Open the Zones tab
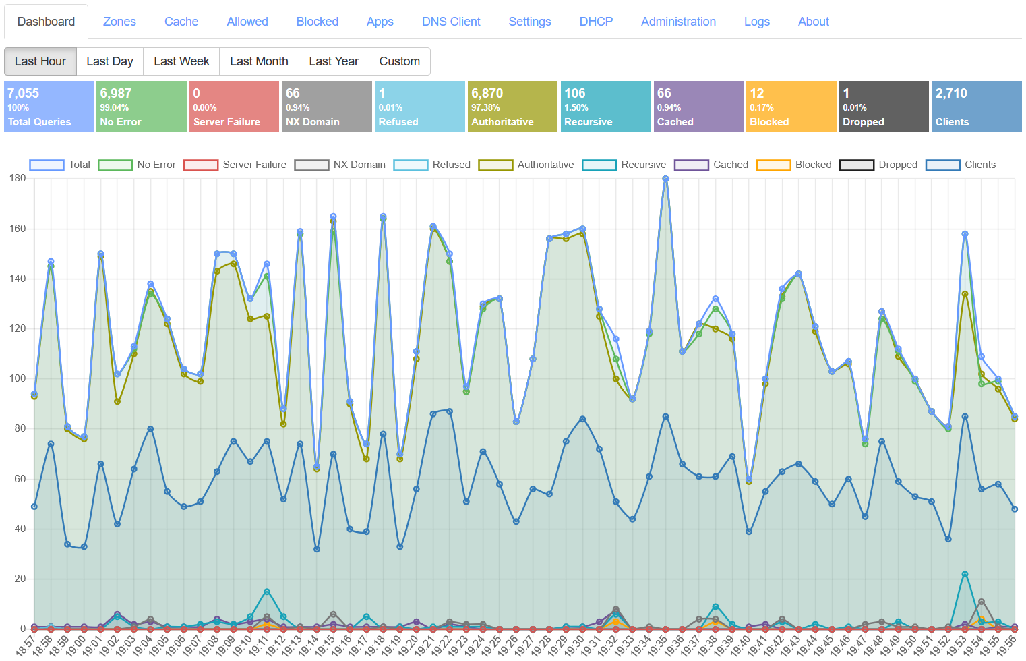pyautogui.click(x=119, y=22)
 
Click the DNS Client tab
pyautogui.click(x=451, y=22)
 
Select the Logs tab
pyautogui.click(x=756, y=22)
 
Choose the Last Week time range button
pyautogui.click(x=181, y=61)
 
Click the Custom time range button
pyautogui.click(x=399, y=61)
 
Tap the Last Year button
pyautogui.click(x=334, y=61)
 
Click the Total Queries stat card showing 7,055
pyautogui.click(x=49, y=107)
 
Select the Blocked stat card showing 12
pyautogui.click(x=791, y=107)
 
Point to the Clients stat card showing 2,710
pyautogui.click(x=976, y=107)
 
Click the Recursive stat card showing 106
pyautogui.click(x=605, y=107)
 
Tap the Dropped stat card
pyautogui.click(x=883, y=107)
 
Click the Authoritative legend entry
pyautogui.click(x=526, y=165)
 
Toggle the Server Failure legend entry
pyautogui.click(x=235, y=165)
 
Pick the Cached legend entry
pyautogui.click(x=711, y=165)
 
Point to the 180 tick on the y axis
pyautogui.click(x=18, y=179)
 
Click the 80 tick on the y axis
pyautogui.click(x=18, y=429)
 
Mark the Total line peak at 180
pyautogui.click(x=665, y=179)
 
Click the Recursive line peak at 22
pyautogui.click(x=965, y=574)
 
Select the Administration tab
pyautogui.click(x=678, y=22)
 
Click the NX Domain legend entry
pyautogui.click(x=340, y=165)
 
